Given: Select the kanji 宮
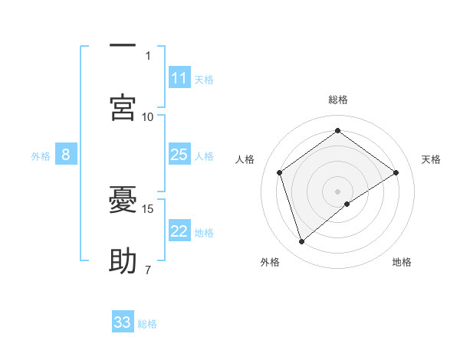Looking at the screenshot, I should (x=123, y=108).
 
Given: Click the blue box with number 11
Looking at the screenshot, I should (x=179, y=78).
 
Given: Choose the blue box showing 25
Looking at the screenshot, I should (x=179, y=155).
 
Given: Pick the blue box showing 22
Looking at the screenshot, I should (x=179, y=231).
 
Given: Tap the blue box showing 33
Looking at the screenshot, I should (x=123, y=322).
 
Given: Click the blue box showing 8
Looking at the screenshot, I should (x=66, y=155).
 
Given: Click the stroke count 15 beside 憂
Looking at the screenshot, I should (x=149, y=208).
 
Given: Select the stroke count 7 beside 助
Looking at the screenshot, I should (x=148, y=269).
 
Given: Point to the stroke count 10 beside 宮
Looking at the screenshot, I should (x=148, y=116).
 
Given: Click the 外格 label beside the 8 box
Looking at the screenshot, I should (x=41, y=155).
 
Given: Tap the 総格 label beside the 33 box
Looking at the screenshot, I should (x=147, y=323).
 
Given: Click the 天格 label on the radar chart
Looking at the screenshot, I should (x=431, y=159).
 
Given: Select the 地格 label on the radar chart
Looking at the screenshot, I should (x=402, y=262).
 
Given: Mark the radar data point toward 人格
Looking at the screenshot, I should (x=280, y=172).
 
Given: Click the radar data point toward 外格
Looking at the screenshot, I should (x=301, y=242).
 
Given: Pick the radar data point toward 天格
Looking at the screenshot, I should (x=396, y=172).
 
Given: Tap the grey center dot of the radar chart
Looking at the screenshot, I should (x=338, y=191).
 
